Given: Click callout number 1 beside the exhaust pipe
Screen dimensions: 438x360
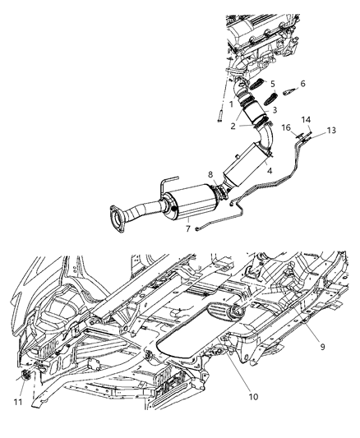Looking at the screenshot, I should (x=232, y=104).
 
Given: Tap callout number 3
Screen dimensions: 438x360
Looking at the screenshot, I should (x=275, y=109).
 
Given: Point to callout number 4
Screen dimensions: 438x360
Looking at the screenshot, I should (x=267, y=170).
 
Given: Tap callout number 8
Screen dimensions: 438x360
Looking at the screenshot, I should (x=210, y=174).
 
